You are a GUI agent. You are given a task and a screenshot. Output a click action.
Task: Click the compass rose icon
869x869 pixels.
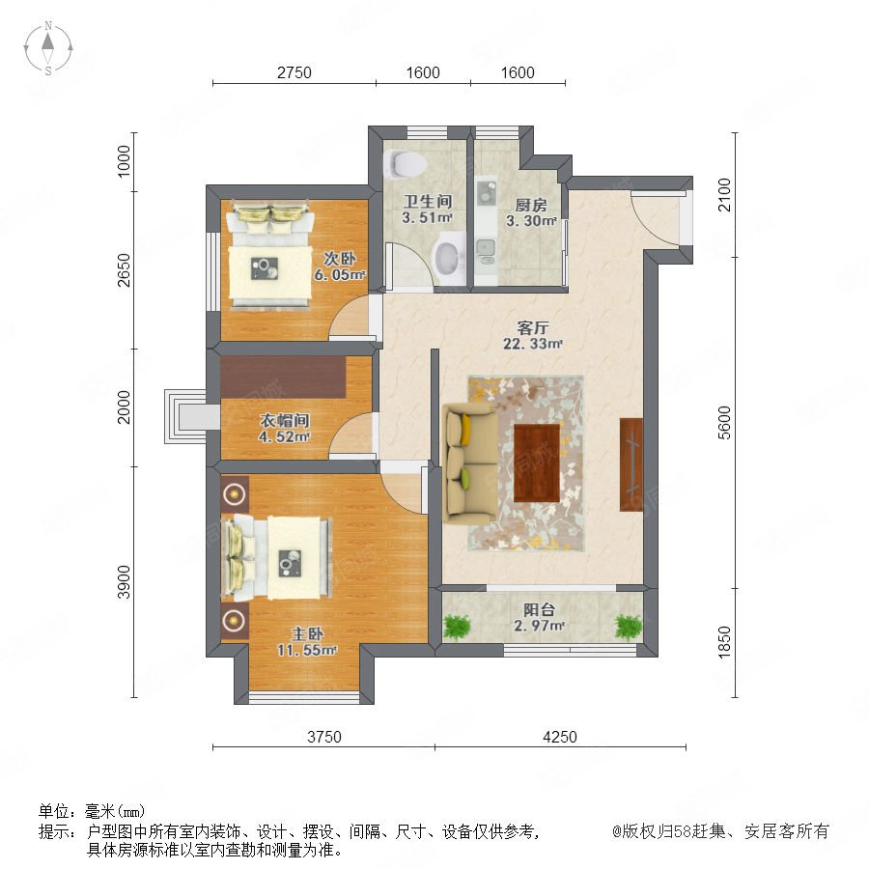tap(48, 47)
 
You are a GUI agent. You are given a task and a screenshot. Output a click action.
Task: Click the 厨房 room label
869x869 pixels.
tap(531, 206)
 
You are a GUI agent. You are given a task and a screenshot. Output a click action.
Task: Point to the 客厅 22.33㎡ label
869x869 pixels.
tap(533, 335)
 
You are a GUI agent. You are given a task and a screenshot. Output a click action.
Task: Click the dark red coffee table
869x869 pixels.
tap(537, 463)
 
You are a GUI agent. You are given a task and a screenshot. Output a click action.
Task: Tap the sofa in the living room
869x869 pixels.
tap(469, 463)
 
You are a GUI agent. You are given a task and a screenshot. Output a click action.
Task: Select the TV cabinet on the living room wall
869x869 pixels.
tap(631, 464)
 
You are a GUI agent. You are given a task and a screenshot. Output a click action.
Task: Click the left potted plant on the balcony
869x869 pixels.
tap(457, 627)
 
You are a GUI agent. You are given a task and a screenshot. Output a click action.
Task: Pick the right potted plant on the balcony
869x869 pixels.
tap(629, 627)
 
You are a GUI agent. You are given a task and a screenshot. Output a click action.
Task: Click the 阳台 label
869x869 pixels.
tap(539, 609)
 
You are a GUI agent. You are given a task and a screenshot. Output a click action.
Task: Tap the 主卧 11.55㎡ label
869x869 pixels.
tap(307, 642)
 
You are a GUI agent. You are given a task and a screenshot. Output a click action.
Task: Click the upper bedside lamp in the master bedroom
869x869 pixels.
tap(235, 492)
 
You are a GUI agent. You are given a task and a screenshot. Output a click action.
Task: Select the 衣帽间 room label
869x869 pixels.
tap(284, 421)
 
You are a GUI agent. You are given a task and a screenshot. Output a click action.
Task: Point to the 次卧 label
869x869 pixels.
tap(339, 259)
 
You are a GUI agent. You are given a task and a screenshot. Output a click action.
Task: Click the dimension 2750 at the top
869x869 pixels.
tap(294, 72)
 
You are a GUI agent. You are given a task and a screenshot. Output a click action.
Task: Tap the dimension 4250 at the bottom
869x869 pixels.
tap(560, 737)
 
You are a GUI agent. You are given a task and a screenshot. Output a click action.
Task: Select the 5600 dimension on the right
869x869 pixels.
tap(724, 422)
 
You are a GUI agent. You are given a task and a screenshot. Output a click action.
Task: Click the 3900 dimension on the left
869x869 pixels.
tap(124, 582)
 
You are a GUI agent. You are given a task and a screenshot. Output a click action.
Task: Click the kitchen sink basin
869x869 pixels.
tap(486, 247)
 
